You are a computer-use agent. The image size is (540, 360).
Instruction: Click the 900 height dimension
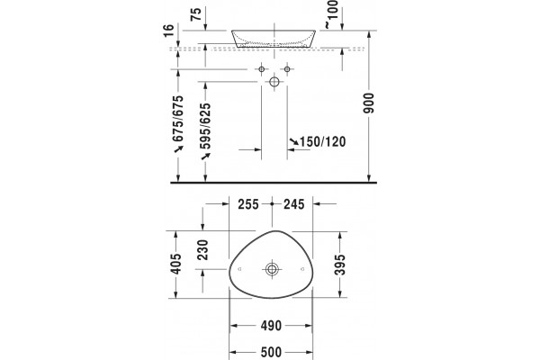(368, 103)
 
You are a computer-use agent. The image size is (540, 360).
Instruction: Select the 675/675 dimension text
(178, 118)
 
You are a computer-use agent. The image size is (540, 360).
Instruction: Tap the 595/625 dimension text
(205, 126)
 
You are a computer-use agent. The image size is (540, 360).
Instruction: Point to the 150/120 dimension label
(323, 141)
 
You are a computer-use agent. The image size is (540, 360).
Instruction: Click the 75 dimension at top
(195, 14)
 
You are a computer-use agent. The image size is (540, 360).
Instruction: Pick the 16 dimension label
(169, 31)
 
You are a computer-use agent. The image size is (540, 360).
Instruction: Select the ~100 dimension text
(331, 13)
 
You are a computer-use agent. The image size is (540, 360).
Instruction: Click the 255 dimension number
(248, 204)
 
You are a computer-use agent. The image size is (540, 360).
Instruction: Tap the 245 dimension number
(293, 204)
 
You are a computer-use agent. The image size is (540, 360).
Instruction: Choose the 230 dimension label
(202, 250)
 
